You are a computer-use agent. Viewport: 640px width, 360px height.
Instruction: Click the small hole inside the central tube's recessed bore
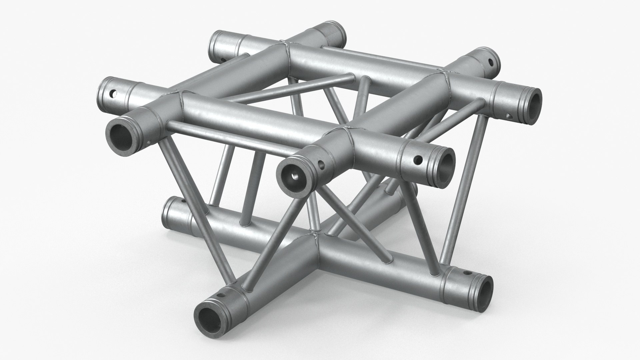(295, 176)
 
